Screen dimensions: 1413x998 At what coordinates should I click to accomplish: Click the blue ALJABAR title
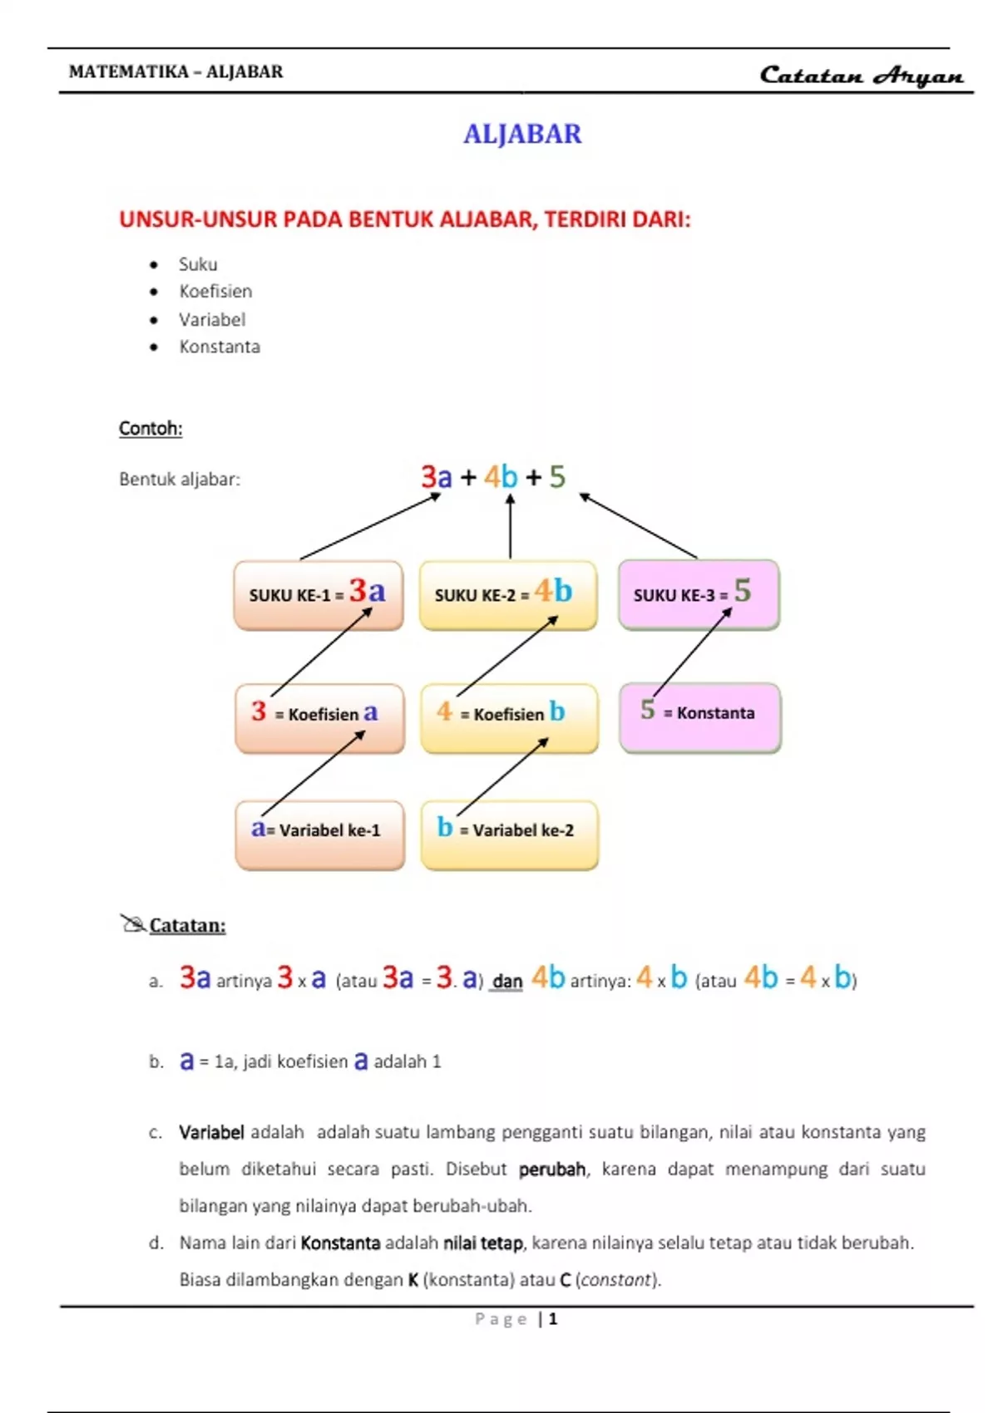pyautogui.click(x=522, y=134)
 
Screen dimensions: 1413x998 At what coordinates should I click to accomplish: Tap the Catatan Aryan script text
pyautogui.click(x=862, y=76)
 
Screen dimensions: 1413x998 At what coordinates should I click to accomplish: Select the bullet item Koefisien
pyautogui.click(x=215, y=292)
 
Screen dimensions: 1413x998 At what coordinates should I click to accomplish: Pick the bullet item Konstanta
pyautogui.click(x=220, y=347)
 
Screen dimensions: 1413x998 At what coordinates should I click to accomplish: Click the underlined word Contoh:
pyautogui.click(x=151, y=429)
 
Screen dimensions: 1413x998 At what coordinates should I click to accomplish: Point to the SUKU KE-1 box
pyautogui.click(x=318, y=595)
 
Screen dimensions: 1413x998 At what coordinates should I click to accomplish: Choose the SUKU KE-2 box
pyautogui.click(x=507, y=595)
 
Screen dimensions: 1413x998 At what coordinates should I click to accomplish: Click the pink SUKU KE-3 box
pyautogui.click(x=699, y=595)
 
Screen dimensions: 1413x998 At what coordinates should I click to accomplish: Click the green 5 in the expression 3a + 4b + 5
pyautogui.click(x=557, y=477)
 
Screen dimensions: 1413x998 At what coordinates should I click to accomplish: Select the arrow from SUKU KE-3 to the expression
pyautogui.click(x=638, y=525)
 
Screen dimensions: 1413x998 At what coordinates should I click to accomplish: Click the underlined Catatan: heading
pyautogui.click(x=187, y=926)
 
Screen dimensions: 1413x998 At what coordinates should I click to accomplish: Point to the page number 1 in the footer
pyautogui.click(x=553, y=1319)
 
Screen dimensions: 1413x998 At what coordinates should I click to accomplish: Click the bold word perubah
pyautogui.click(x=551, y=1169)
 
